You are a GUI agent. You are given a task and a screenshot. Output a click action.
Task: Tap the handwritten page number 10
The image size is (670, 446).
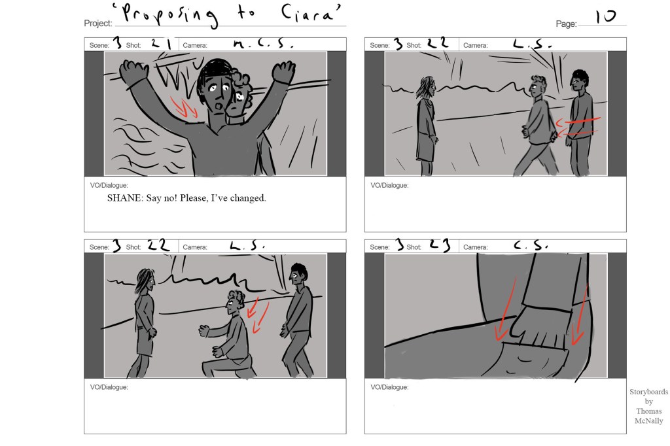(605, 16)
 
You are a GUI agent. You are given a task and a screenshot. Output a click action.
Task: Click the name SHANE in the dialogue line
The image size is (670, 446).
(124, 197)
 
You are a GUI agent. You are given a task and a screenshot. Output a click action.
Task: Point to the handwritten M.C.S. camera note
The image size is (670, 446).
(263, 44)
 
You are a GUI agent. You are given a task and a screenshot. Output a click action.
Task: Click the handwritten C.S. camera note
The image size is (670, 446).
(530, 245)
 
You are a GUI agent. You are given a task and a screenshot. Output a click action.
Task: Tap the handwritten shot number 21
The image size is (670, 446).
(161, 44)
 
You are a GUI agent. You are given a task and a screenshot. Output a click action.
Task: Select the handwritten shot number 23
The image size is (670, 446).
(440, 245)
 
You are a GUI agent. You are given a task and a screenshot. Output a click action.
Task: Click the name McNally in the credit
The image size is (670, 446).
(648, 420)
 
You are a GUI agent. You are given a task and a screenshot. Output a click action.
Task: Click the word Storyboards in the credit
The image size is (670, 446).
(648, 392)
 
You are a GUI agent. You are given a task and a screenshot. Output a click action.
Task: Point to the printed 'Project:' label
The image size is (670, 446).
(98, 24)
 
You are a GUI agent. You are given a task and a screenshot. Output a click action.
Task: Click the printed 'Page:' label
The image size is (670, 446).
(566, 24)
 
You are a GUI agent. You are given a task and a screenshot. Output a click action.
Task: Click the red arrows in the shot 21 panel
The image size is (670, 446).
(184, 107)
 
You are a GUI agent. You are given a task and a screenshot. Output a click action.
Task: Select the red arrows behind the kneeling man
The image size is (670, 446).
(258, 315)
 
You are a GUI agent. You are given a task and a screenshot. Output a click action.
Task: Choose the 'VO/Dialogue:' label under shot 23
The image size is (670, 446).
(389, 387)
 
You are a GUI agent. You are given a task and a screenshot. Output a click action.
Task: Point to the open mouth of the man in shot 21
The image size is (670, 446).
(219, 105)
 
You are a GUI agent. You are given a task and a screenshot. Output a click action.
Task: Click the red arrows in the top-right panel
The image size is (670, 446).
(578, 127)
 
